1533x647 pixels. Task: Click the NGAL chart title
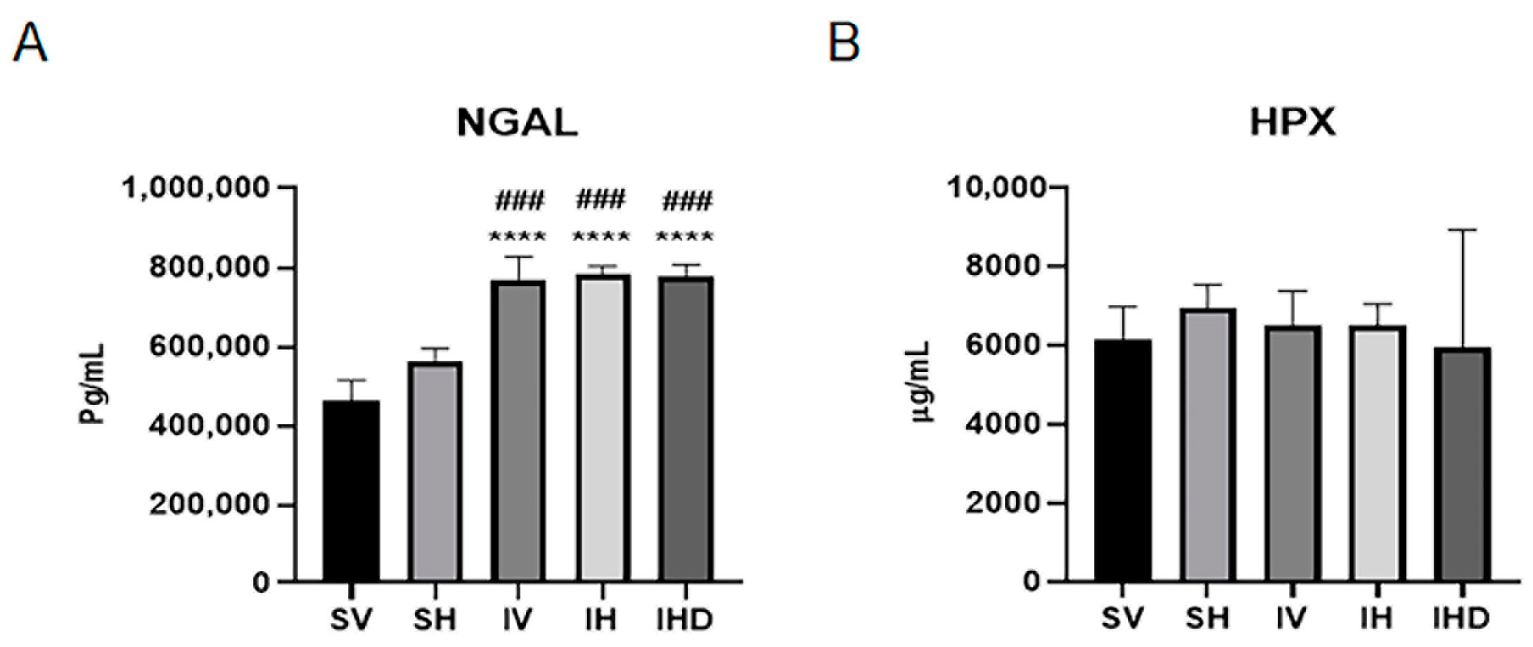517,122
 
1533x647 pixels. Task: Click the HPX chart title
1292,122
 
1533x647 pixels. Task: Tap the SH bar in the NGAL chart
435,471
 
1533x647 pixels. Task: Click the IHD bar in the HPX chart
1463,464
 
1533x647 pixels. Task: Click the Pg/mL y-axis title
92,383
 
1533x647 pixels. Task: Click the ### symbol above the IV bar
519,201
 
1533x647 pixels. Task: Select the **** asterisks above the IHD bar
685,237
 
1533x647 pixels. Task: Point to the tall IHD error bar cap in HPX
1463,230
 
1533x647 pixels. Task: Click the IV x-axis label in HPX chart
1291,618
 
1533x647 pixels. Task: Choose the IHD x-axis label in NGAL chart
684,620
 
